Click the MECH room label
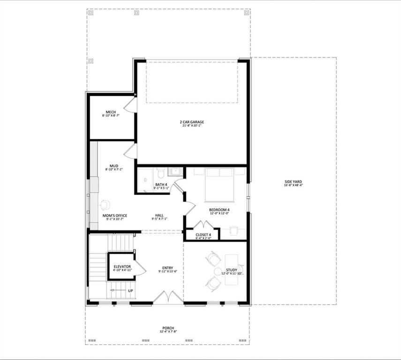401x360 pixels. pos(111,112)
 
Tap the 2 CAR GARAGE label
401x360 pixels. pos(192,122)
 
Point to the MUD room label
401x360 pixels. pos(113,165)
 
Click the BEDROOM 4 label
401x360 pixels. pos(219,210)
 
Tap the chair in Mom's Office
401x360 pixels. pos(105,204)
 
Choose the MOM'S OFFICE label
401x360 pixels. pos(114,216)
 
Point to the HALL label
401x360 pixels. pos(160,216)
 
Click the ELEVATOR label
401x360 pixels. pos(122,266)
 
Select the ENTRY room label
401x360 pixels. pos(167,268)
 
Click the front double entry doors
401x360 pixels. pos(166,297)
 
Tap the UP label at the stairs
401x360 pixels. pos(130,291)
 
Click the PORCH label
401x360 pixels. pos(168,328)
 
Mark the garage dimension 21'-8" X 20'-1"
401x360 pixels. pos(192,126)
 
